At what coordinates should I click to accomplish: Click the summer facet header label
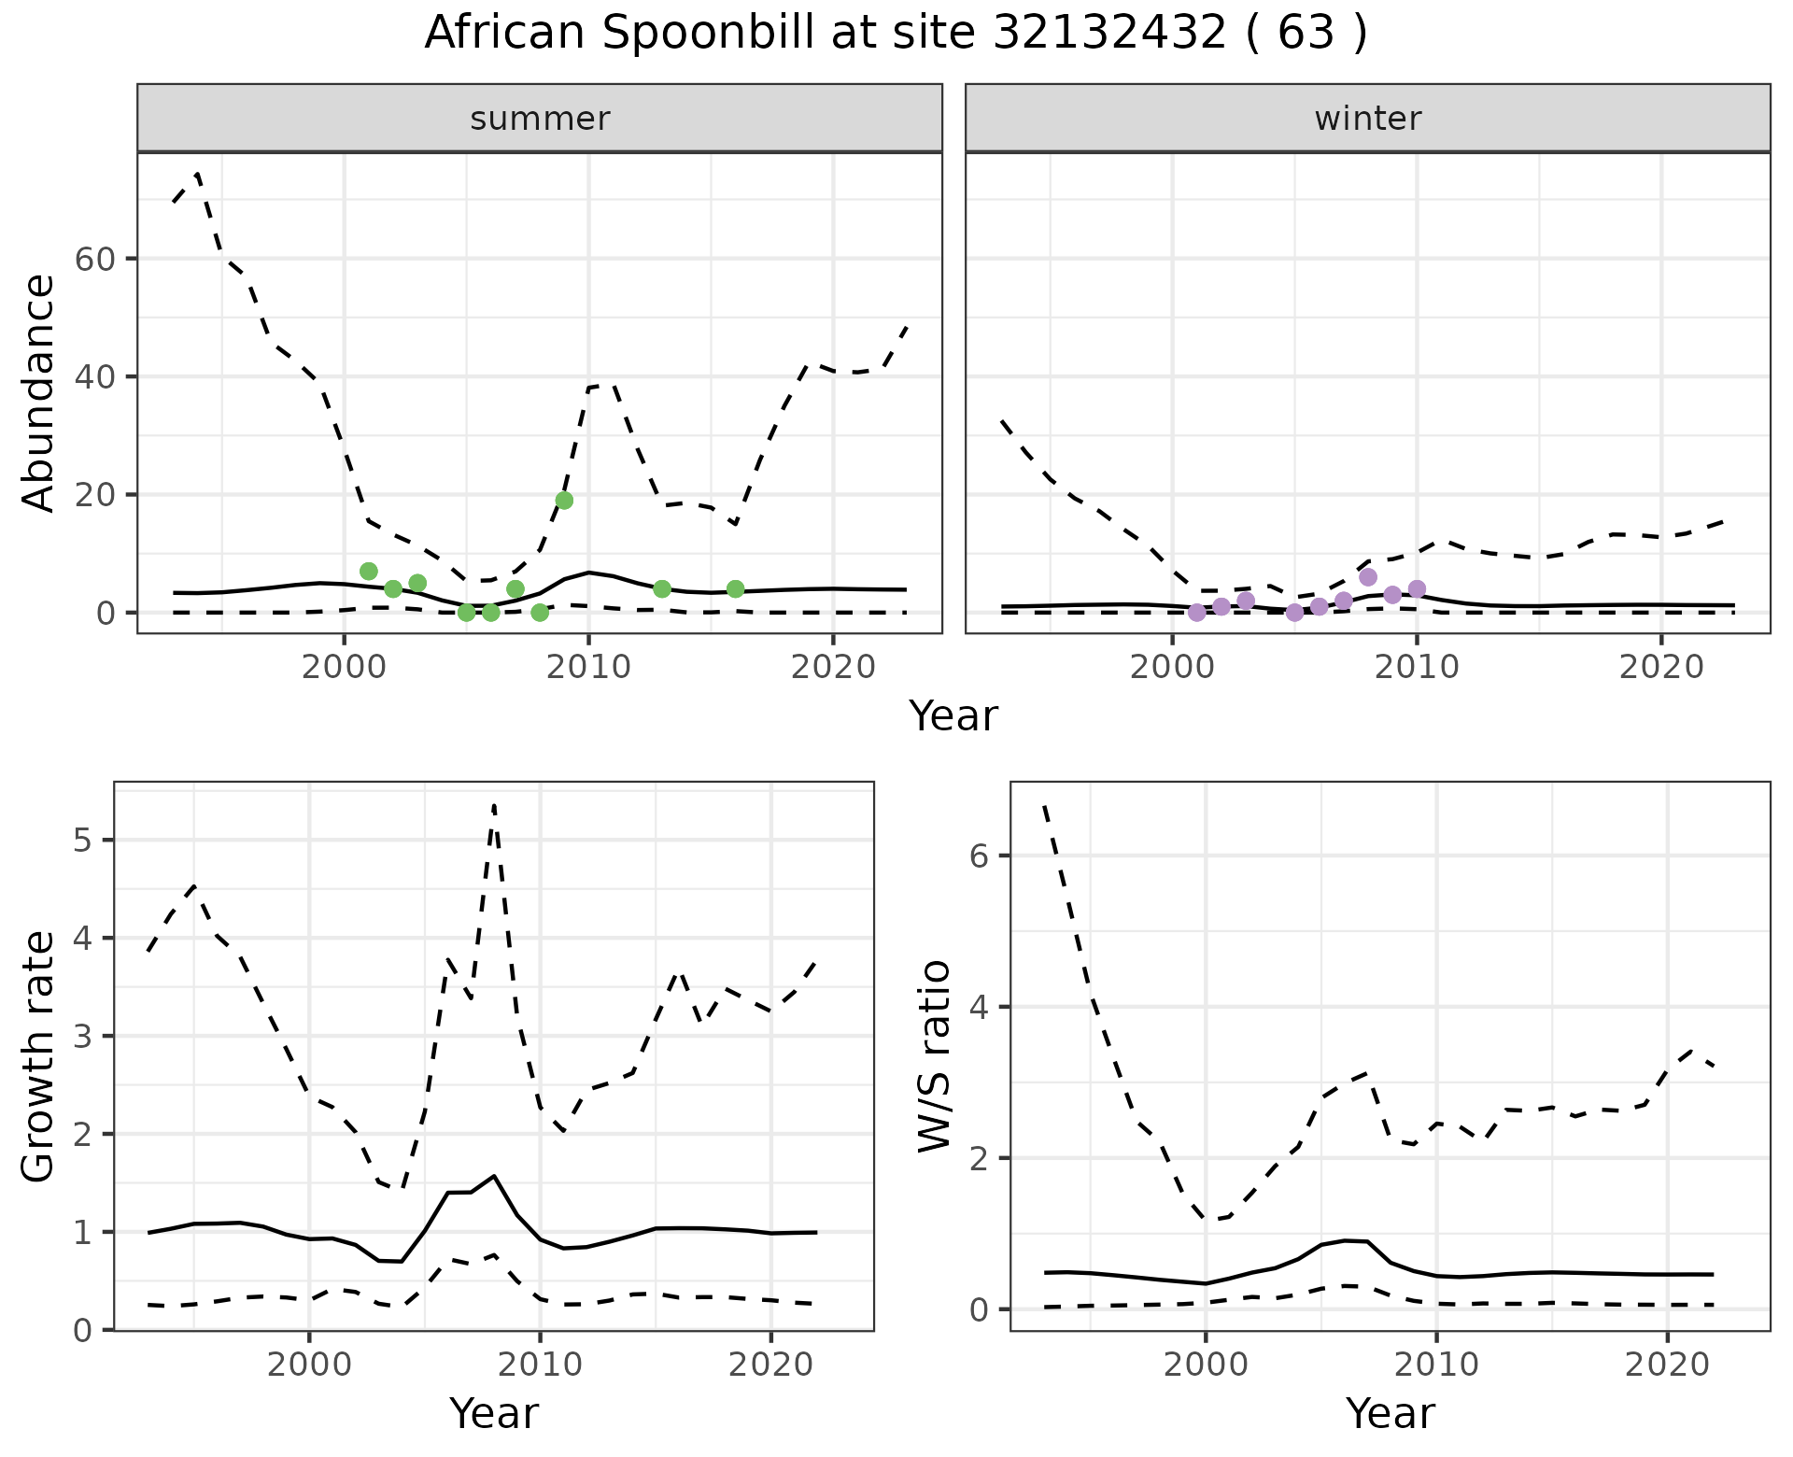pyautogui.click(x=540, y=119)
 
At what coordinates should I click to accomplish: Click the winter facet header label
pyautogui.click(x=1367, y=119)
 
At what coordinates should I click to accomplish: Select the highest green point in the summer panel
pyautogui.click(x=564, y=501)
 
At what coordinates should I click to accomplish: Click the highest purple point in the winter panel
pyautogui.click(x=1368, y=577)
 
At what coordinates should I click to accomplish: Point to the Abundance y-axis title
pyautogui.click(x=39, y=393)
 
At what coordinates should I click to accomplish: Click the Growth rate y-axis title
pyautogui.click(x=39, y=1056)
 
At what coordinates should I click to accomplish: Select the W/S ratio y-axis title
pyautogui.click(x=934, y=1056)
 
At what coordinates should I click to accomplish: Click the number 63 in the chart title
pyautogui.click(x=1305, y=35)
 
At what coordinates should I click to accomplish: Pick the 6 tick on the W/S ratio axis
pyautogui.click(x=979, y=856)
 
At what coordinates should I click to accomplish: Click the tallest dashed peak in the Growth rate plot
pyautogui.click(x=493, y=805)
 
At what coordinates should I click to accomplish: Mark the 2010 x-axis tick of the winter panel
pyautogui.click(x=1417, y=668)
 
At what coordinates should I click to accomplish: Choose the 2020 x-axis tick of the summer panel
pyautogui.click(x=833, y=668)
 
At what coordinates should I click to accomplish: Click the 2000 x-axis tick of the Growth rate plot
pyautogui.click(x=309, y=1365)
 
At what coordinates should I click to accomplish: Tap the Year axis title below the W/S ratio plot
pyautogui.click(x=1390, y=1414)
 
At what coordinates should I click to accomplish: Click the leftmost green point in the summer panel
pyautogui.click(x=369, y=572)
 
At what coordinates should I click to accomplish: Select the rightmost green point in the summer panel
pyautogui.click(x=735, y=588)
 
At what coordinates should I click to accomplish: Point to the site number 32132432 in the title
pyautogui.click(x=1109, y=35)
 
